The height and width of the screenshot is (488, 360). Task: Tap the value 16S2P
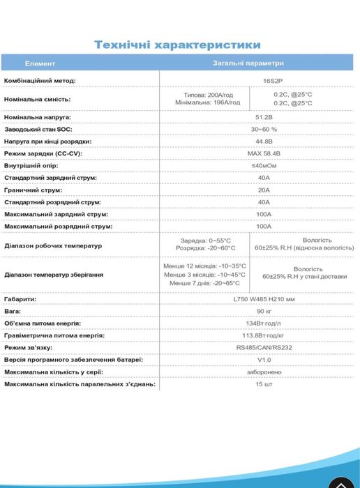264,81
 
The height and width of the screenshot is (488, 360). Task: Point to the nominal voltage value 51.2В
264,118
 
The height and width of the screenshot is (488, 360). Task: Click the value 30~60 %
264,130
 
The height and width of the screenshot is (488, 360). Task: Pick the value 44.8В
264,142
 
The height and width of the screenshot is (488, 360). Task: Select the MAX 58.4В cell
264,153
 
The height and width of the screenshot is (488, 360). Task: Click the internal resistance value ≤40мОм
264,166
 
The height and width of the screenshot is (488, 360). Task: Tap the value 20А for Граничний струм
264,190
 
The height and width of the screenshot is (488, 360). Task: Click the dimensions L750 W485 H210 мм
264,299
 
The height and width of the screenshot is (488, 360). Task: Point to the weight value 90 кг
264,311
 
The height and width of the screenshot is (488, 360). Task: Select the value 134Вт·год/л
264,323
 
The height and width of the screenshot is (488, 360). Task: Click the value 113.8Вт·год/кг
264,335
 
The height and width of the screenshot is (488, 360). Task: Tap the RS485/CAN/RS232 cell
264,347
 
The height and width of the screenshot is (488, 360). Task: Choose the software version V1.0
264,360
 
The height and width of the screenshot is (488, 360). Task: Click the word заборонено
264,372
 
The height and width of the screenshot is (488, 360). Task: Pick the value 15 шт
264,384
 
